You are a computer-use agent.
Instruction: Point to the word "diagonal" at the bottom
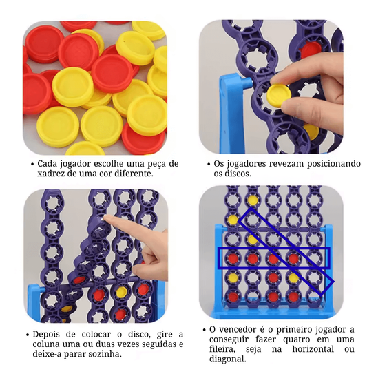click(x=227, y=359)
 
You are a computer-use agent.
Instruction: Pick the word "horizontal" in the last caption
click(x=313, y=349)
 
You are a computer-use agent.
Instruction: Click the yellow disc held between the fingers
click(x=279, y=95)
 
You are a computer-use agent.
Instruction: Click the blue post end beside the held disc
click(x=247, y=83)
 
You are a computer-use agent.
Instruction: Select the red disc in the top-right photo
click(x=311, y=50)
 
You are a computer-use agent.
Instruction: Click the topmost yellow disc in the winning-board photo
click(x=252, y=199)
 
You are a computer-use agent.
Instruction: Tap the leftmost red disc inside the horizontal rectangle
click(x=233, y=258)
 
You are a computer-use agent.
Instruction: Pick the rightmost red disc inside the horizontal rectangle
click(x=293, y=258)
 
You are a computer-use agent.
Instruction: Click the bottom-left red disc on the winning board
click(x=233, y=296)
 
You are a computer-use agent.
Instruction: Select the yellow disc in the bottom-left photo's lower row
click(x=121, y=291)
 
